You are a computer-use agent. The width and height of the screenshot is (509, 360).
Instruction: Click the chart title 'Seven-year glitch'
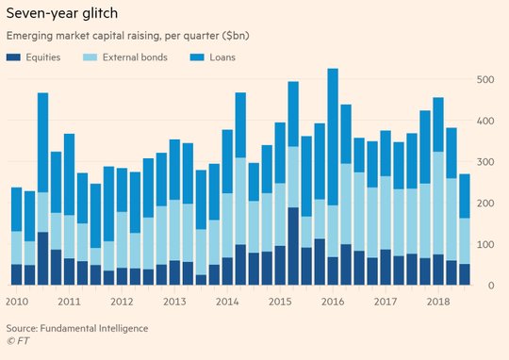point(62,14)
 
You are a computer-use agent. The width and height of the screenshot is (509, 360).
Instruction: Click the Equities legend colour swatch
point(13,57)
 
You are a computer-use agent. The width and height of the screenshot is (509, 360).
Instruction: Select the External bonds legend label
point(135,57)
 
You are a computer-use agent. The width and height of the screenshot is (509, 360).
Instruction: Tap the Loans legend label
point(222,57)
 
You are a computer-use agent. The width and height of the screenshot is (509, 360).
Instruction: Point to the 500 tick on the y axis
point(485,79)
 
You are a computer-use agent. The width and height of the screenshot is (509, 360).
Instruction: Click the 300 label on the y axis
point(485,162)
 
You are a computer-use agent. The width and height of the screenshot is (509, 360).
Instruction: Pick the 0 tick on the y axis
point(491,286)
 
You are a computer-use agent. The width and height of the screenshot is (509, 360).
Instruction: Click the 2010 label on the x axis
point(17,302)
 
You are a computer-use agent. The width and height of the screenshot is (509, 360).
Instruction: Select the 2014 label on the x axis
point(227,302)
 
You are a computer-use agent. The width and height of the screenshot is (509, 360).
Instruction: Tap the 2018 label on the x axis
point(438,302)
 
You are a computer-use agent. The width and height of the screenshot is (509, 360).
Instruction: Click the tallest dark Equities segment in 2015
point(293,246)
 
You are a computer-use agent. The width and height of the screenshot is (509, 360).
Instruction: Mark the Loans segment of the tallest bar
point(333,137)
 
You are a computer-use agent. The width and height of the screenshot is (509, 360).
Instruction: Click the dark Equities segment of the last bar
point(465,274)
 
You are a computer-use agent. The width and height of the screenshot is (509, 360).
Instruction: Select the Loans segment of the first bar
point(17,209)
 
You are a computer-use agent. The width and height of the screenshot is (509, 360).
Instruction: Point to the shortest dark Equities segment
point(201,280)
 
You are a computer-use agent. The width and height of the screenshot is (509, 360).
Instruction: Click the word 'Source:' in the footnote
point(22,328)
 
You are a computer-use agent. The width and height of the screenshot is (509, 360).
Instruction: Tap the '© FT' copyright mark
point(18,341)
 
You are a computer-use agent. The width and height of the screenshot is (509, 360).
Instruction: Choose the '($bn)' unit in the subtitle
point(236,36)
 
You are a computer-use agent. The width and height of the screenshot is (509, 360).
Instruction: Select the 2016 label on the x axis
point(333,302)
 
